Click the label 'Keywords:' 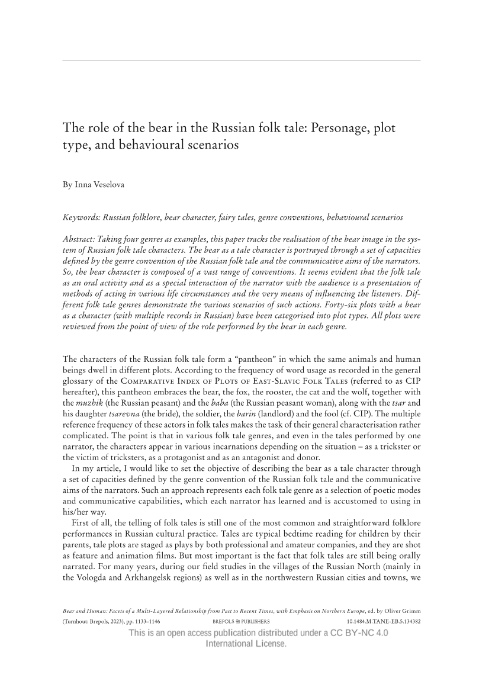click(82, 217)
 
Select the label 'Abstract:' click(81, 239)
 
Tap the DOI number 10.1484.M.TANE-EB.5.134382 click(383, 622)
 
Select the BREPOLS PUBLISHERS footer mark click(241, 622)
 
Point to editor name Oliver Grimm click(402, 610)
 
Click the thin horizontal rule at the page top click(242, 60)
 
